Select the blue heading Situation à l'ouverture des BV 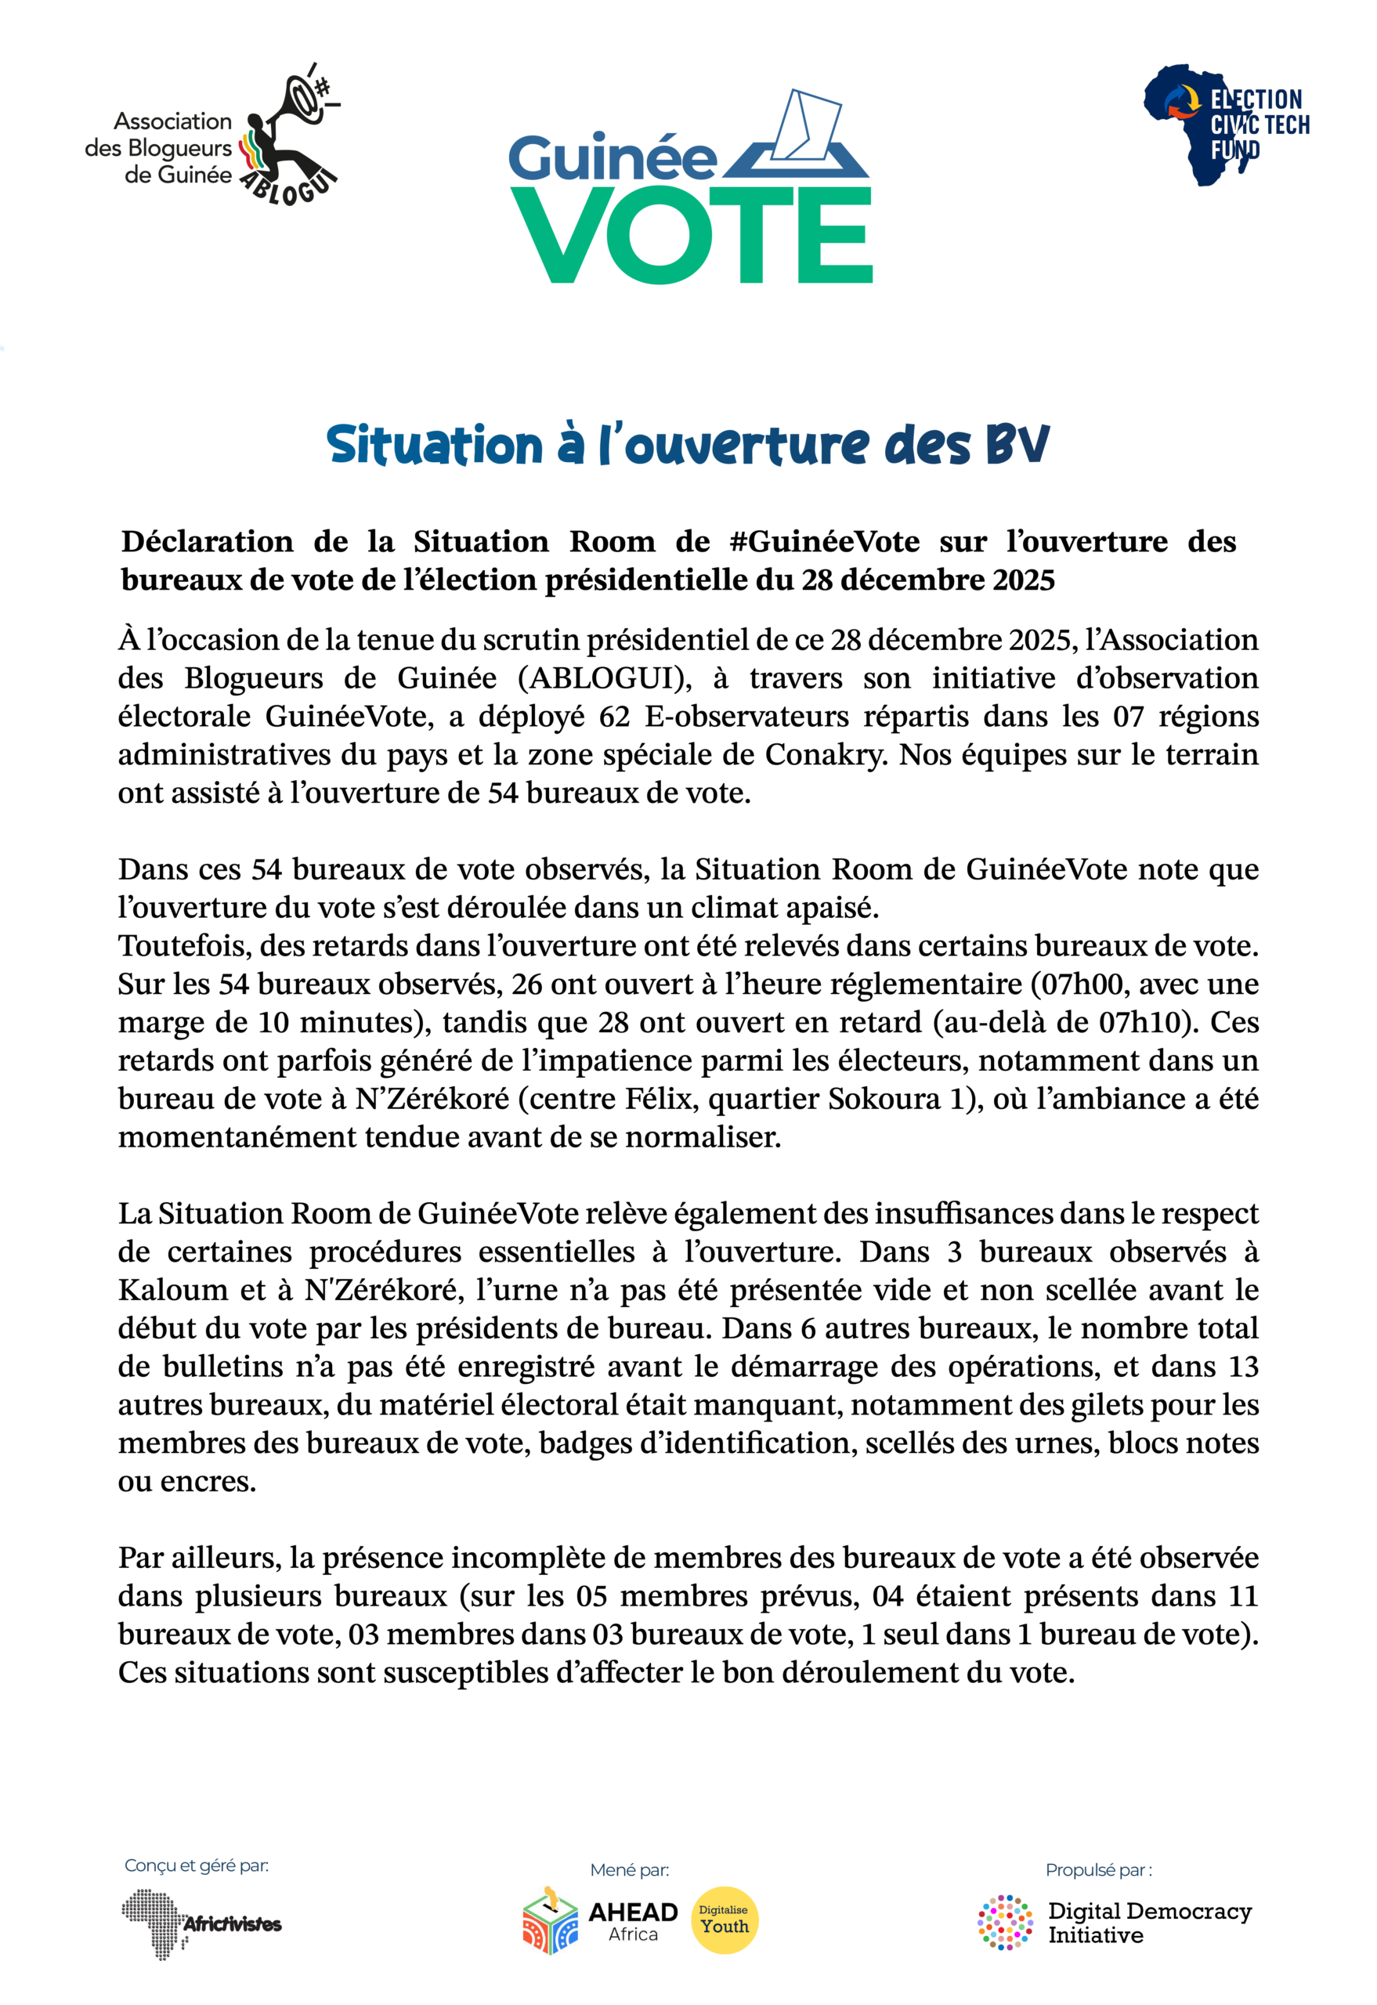(688, 445)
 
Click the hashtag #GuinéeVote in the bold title (824, 542)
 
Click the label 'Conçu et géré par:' (196, 1866)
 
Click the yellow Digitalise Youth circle (724, 1920)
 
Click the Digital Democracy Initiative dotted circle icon (1004, 1923)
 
